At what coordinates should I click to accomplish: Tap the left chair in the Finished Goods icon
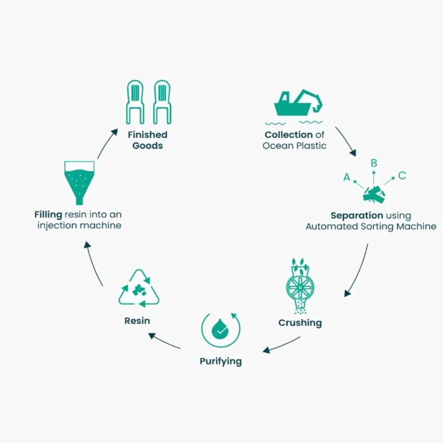(x=136, y=102)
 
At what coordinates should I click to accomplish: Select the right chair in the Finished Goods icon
(x=162, y=102)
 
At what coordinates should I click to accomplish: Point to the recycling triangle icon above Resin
(x=139, y=289)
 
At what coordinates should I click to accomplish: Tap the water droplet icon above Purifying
(x=221, y=331)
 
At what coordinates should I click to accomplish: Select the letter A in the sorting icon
(x=347, y=177)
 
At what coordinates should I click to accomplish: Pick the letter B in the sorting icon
(x=374, y=163)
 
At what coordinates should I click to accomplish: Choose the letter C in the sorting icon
(x=402, y=176)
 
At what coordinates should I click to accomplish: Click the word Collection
(x=289, y=135)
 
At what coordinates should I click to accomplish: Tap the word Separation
(x=357, y=215)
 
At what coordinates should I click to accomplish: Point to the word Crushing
(x=300, y=322)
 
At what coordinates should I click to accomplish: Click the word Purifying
(x=220, y=361)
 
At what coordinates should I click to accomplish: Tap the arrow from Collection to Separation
(x=347, y=142)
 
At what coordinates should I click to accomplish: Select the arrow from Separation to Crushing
(x=357, y=272)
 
